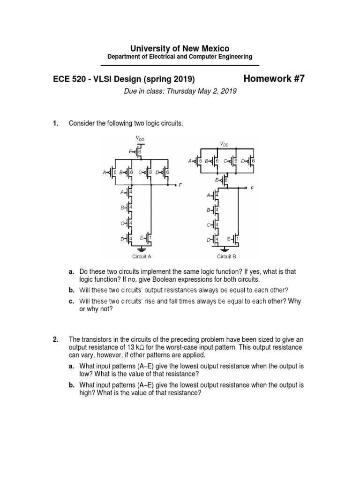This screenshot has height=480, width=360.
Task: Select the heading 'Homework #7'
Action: [274, 79]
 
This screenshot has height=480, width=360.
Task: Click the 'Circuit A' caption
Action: [142, 256]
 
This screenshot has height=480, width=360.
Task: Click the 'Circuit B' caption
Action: [226, 256]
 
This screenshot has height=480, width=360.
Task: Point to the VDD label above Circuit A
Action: [140, 138]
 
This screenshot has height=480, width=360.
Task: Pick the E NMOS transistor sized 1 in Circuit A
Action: [149, 239]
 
